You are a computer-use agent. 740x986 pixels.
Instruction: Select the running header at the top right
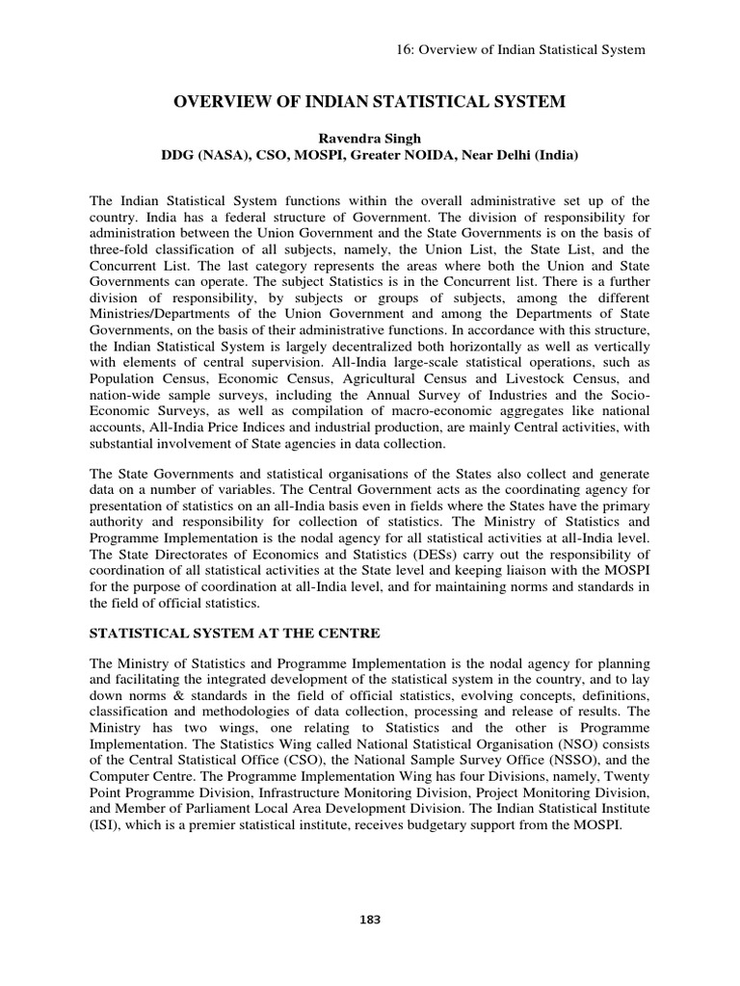click(x=521, y=48)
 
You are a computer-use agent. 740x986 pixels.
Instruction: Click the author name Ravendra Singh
click(x=370, y=138)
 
